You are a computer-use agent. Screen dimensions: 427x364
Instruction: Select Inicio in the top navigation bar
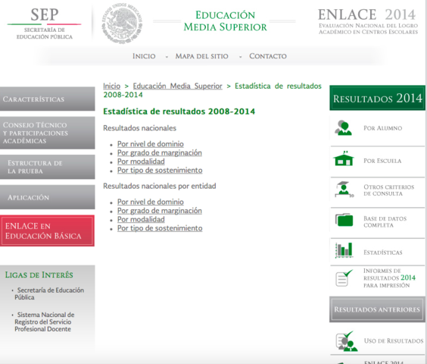[144, 56]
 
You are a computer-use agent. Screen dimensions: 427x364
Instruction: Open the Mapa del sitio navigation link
[202, 56]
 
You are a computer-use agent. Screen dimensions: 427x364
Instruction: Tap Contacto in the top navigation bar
[268, 56]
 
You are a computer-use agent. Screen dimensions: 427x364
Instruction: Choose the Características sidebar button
[47, 99]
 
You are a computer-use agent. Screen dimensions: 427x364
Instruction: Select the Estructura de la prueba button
[47, 167]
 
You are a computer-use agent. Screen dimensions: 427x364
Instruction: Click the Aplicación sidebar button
[47, 197]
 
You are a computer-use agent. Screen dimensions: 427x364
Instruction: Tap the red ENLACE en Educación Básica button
[47, 231]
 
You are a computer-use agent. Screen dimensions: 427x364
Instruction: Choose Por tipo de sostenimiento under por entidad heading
[160, 228]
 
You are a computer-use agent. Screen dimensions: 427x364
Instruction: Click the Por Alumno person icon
[344, 128]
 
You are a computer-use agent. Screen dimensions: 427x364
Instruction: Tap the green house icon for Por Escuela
[344, 160]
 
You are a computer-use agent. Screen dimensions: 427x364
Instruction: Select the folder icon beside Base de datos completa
[344, 220]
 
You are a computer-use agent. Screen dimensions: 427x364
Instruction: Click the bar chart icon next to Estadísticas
[344, 250]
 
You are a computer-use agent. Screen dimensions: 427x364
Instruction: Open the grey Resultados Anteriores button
[376, 309]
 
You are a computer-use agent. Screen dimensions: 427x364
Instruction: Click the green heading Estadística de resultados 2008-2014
[179, 111]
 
